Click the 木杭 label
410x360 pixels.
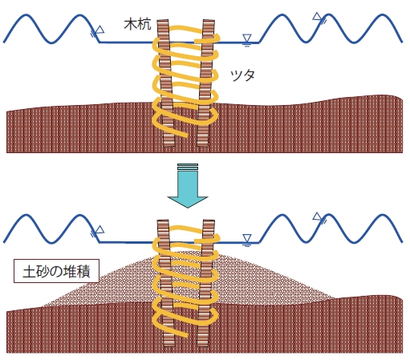[137, 25]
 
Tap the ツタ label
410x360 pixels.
[242, 75]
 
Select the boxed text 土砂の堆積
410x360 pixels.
[56, 271]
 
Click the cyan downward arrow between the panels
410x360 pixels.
[188, 189]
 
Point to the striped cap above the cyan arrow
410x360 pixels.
[188, 167]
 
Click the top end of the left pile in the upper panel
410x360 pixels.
[162, 20]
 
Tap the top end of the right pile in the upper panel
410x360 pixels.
[209, 20]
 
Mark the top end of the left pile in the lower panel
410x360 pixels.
[163, 220]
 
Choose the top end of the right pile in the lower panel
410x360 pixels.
[209, 220]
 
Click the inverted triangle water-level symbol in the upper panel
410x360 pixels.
[247, 38]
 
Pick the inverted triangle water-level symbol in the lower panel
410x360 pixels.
[247, 239]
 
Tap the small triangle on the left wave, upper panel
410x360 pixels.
[100, 29]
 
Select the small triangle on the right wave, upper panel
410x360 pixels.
[318, 16]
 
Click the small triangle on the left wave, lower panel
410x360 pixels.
[100, 229]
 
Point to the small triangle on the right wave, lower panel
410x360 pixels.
[318, 216]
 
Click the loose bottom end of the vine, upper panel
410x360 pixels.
[185, 136]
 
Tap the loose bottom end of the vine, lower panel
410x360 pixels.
[185, 335]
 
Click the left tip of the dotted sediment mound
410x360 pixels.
[43, 306]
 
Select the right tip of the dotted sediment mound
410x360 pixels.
[335, 297]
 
